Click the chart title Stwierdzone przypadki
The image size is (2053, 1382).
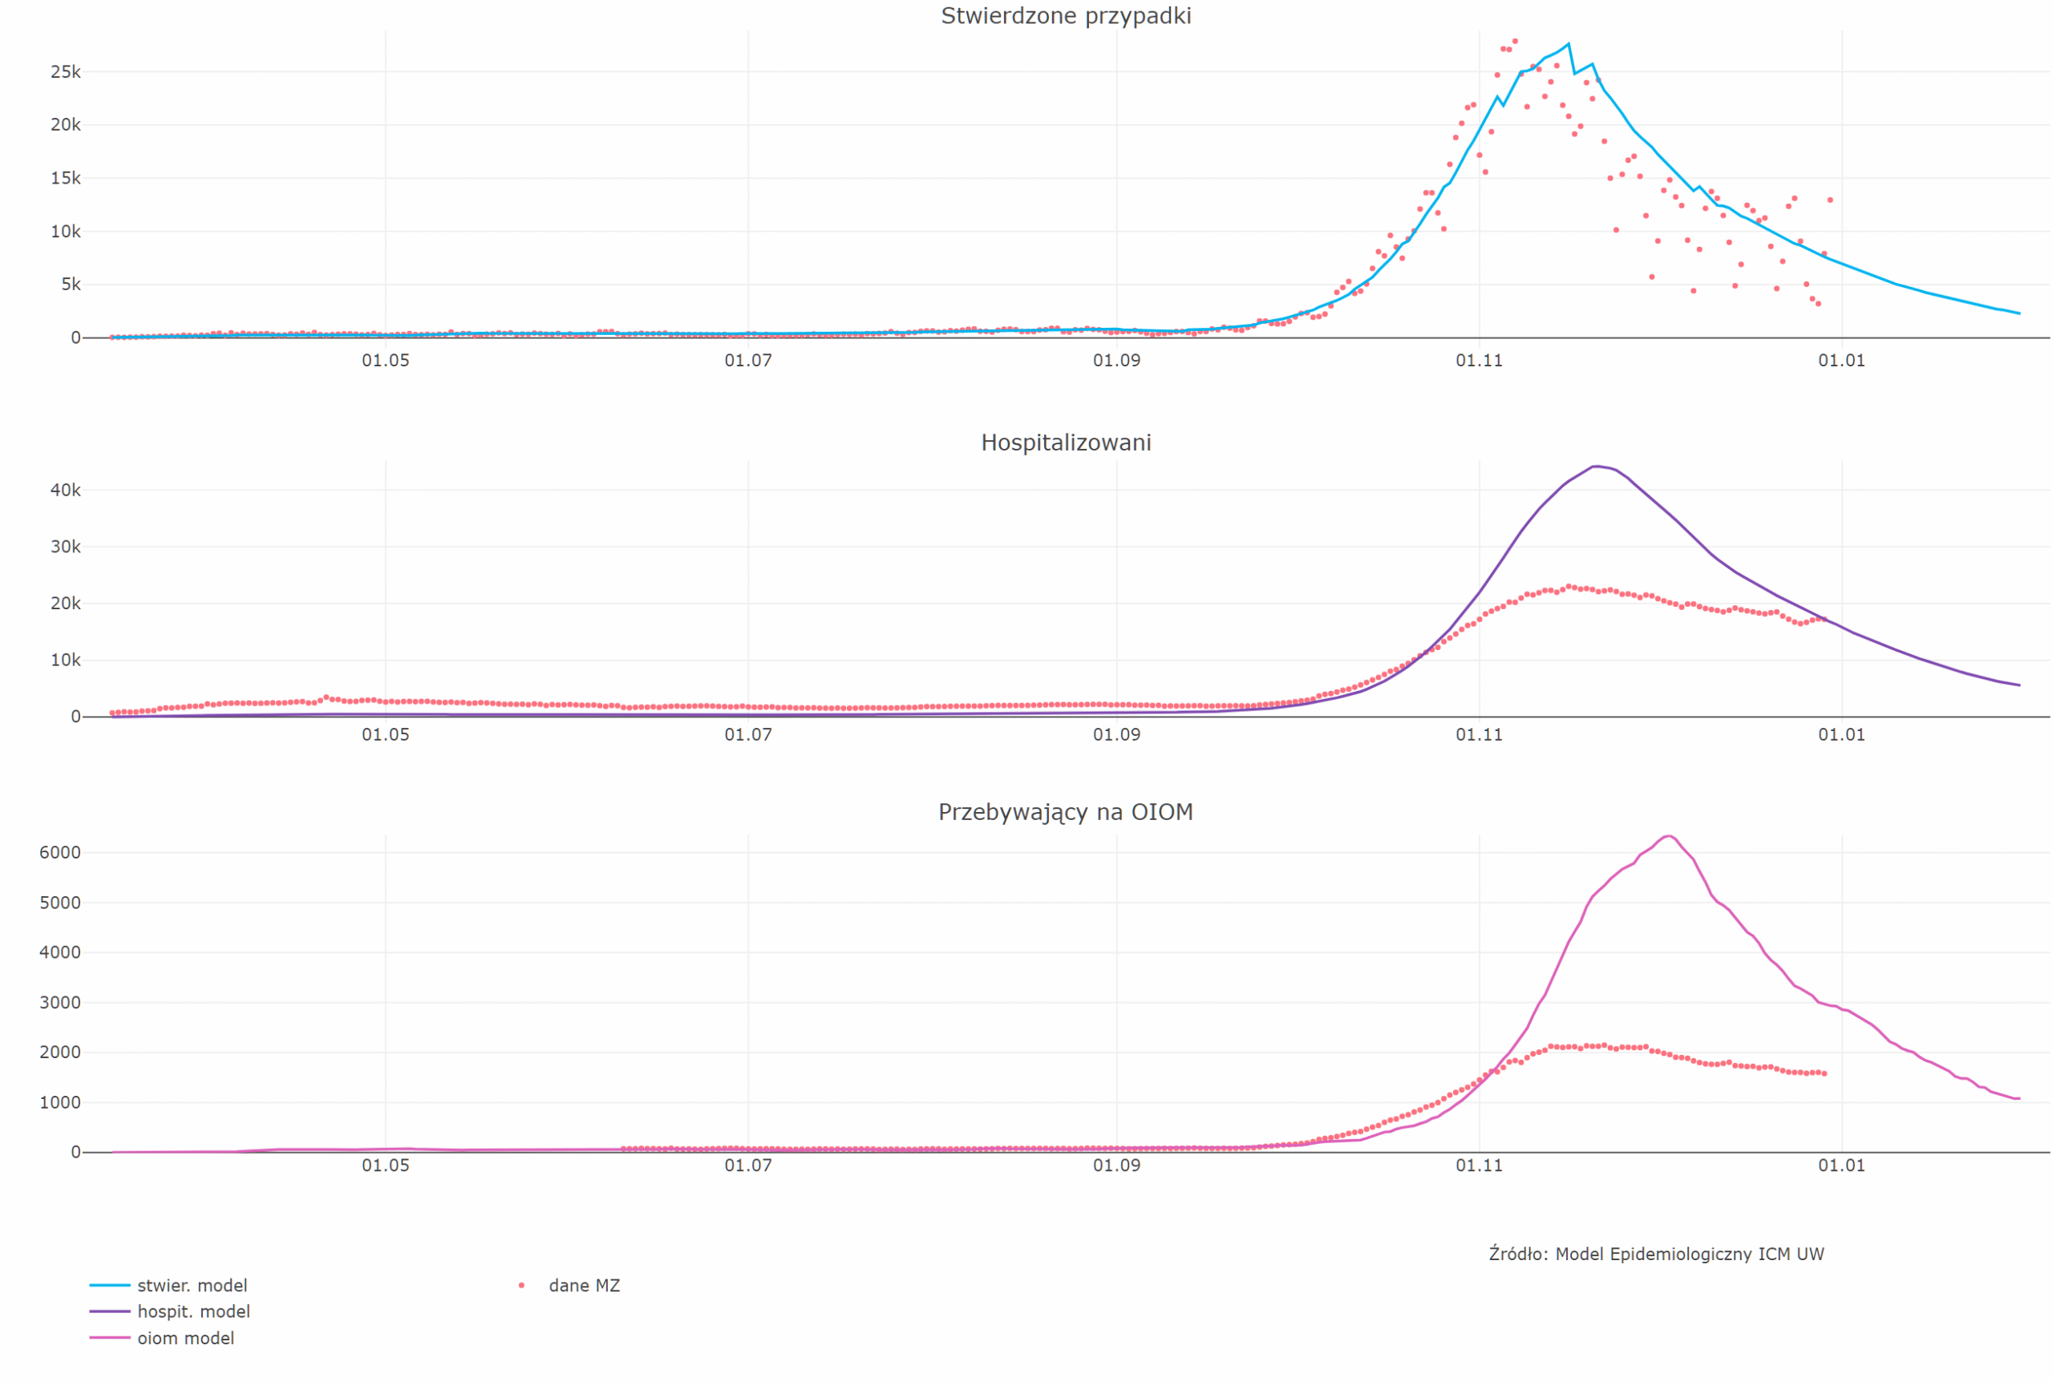click(1066, 16)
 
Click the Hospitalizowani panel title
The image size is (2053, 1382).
click(1066, 442)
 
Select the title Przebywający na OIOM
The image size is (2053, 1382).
click(1065, 812)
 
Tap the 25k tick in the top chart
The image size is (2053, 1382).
click(65, 72)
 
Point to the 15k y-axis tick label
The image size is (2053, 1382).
click(65, 179)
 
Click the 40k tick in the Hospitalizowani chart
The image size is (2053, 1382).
click(65, 490)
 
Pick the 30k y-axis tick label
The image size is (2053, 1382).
click(65, 548)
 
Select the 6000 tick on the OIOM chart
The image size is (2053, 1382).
click(60, 852)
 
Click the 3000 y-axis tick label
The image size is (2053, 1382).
click(60, 1002)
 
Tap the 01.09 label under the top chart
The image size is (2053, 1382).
click(1116, 361)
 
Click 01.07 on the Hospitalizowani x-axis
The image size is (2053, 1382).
click(747, 735)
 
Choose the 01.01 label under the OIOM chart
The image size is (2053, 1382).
click(1840, 1166)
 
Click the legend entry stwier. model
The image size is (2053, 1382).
click(192, 1286)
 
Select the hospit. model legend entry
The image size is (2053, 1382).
click(193, 1311)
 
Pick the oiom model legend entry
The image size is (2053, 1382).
click(185, 1338)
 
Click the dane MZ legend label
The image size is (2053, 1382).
click(584, 1286)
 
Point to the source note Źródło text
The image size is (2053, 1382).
click(1655, 1255)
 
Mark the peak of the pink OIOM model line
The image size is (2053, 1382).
click(1668, 835)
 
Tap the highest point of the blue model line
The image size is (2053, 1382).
click(1567, 43)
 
